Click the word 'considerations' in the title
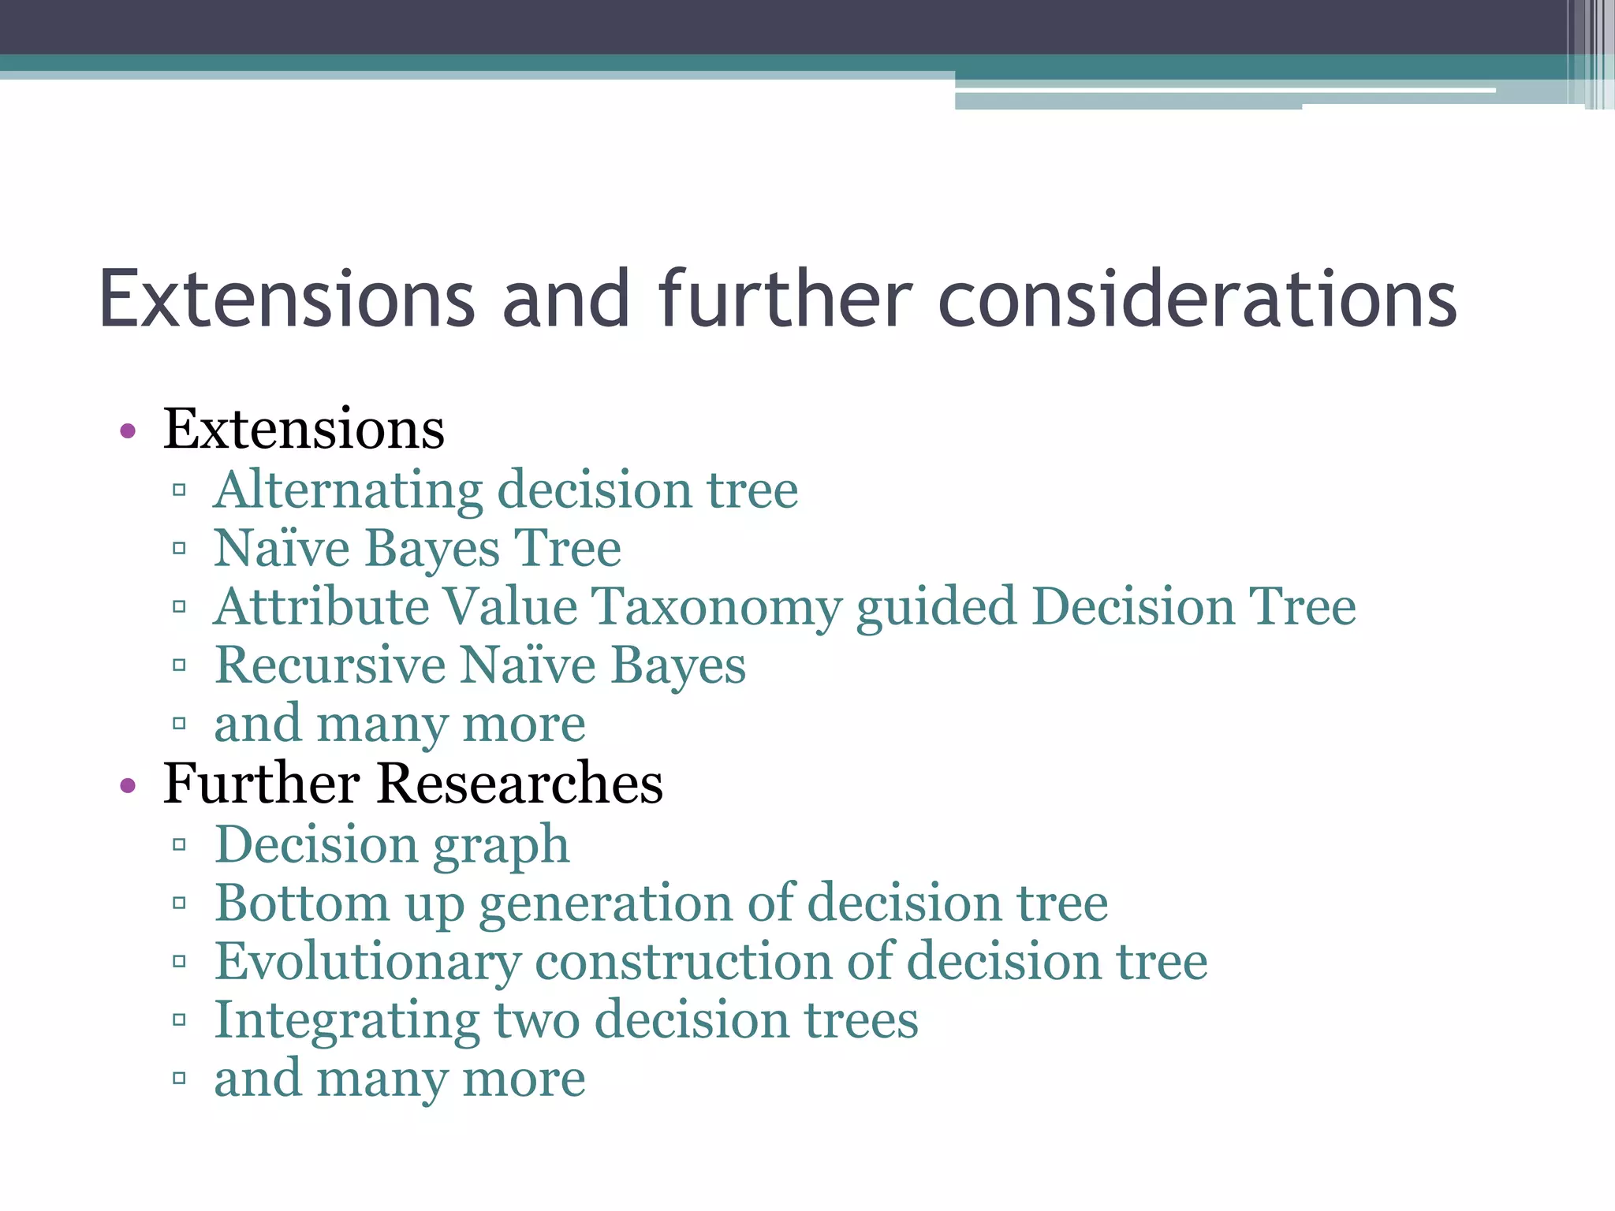tap(1197, 300)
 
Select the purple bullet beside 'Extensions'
tap(128, 431)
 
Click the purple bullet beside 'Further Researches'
tap(128, 785)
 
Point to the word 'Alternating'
tap(348, 490)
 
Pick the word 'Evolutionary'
tap(367, 962)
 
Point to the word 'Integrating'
tap(347, 1021)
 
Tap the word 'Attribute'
tap(320, 607)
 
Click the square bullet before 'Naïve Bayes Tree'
tap(179, 548)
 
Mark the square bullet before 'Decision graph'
tap(179, 845)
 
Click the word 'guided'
tap(936, 607)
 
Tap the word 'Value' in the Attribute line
tap(510, 607)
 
